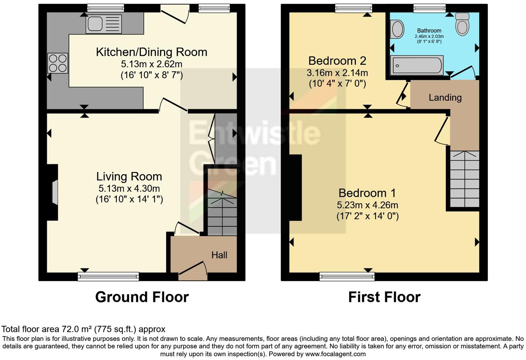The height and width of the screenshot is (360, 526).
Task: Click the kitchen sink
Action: click(103, 24)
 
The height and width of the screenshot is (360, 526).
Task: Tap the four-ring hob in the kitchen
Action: click(58, 63)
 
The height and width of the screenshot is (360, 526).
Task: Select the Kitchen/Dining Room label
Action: click(151, 52)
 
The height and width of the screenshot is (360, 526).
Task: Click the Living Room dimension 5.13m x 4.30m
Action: click(129, 189)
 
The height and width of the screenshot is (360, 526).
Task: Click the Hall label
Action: click(219, 255)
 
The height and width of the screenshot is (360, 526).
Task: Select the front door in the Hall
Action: click(193, 271)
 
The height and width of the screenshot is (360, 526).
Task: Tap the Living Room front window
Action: click(108, 276)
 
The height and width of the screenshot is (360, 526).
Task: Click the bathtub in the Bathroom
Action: click(417, 65)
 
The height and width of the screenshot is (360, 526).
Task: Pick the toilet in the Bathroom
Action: click(462, 24)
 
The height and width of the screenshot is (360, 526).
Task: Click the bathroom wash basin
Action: click(397, 29)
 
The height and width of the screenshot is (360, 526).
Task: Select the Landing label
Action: click(445, 98)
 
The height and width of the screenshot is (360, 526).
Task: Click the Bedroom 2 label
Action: click(337, 61)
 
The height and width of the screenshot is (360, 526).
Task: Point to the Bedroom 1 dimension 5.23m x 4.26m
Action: click(368, 205)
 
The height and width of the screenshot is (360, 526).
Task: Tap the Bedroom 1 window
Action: click(347, 276)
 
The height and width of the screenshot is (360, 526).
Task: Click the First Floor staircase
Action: click(464, 179)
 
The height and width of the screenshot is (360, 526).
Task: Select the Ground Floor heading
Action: click(142, 297)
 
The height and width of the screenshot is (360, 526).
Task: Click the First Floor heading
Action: click(384, 297)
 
